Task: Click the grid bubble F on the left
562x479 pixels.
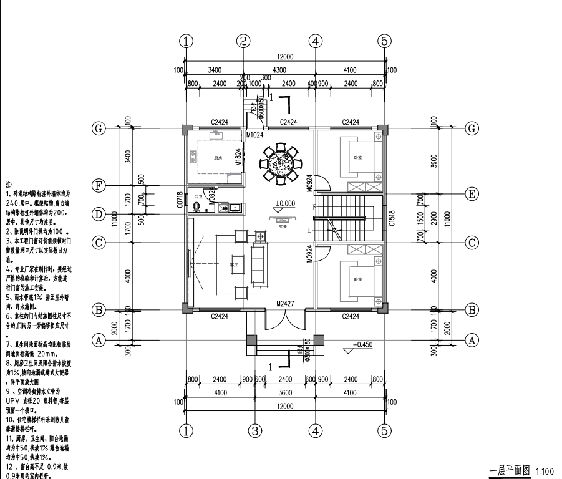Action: (x=98, y=185)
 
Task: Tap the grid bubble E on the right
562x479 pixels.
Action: (x=472, y=193)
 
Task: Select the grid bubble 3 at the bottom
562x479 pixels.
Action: (x=254, y=430)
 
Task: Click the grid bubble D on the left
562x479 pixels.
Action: (x=98, y=215)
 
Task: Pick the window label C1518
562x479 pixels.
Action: (x=392, y=216)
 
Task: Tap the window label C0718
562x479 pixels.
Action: (x=180, y=199)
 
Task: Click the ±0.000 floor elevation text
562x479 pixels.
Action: (x=286, y=203)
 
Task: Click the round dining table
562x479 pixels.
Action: (x=279, y=163)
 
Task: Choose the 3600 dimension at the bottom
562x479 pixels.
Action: (x=286, y=393)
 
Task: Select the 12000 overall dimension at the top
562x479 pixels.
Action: (x=285, y=57)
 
